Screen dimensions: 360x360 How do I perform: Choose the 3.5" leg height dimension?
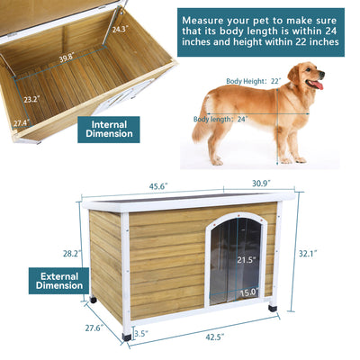(x=141, y=333)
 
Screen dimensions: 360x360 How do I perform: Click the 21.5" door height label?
(x=246, y=260)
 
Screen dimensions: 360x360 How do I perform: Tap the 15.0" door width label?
(x=248, y=292)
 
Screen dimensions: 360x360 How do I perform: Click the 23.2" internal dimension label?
(x=31, y=100)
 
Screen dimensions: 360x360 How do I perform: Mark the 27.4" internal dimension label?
(x=20, y=121)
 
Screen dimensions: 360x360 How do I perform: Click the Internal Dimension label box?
(x=108, y=129)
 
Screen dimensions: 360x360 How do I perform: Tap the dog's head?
(x=309, y=78)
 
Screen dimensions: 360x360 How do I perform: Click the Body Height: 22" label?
(x=252, y=80)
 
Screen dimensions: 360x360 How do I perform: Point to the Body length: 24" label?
(x=220, y=118)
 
